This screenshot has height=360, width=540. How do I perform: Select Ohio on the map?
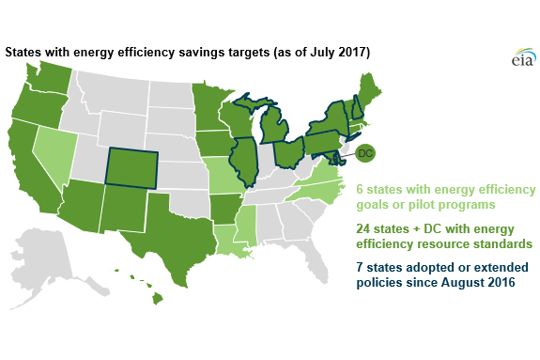288,150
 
